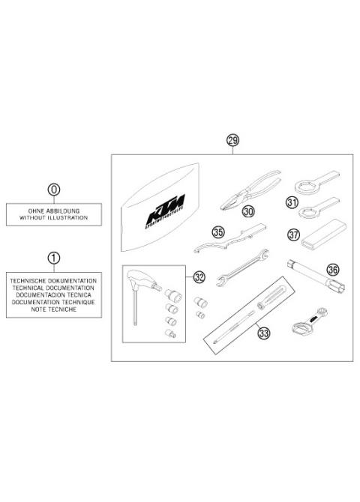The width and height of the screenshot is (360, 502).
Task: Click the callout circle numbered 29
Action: [233, 141]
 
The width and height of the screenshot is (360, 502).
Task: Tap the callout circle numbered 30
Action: [247, 212]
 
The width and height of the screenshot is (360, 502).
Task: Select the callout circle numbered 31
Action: [292, 202]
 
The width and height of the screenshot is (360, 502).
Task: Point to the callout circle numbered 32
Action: [198, 277]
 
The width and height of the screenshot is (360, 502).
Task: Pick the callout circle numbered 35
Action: [218, 233]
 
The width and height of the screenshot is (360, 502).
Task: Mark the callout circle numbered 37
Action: [293, 235]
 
